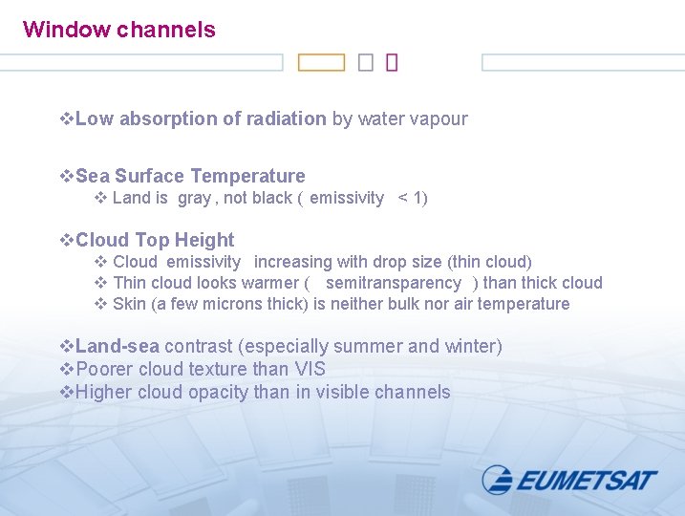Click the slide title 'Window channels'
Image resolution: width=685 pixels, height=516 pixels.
click(119, 30)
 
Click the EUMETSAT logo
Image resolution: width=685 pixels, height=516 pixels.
click(569, 480)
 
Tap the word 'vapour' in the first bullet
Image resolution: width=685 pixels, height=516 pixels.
click(439, 119)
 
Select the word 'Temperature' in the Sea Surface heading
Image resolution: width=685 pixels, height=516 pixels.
click(247, 177)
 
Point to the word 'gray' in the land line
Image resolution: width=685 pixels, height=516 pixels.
click(194, 199)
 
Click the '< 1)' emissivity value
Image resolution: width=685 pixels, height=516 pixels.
click(413, 199)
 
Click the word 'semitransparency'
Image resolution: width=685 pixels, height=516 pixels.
click(394, 283)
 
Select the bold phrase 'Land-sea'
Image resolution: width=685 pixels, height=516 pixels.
click(118, 347)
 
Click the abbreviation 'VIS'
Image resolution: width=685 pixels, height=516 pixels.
click(310, 370)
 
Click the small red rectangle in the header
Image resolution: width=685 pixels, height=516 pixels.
click(392, 63)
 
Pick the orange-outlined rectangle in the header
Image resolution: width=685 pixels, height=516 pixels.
click(321, 63)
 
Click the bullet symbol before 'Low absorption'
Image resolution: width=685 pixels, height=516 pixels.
click(67, 119)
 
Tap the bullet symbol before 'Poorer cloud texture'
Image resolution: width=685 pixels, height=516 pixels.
click(67, 370)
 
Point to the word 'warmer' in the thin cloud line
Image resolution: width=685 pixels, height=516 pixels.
click(271, 283)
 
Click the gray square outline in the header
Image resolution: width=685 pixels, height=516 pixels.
click(366, 63)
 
